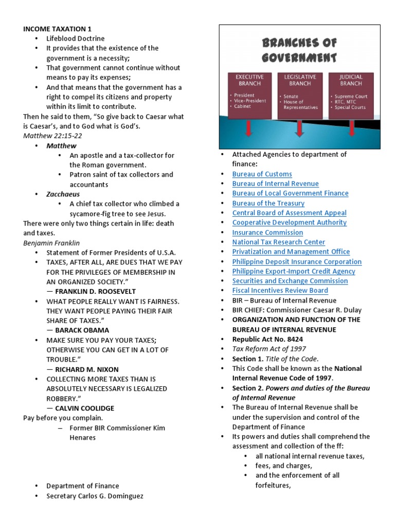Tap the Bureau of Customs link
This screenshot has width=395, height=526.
(x=262, y=174)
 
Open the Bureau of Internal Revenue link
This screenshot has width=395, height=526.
(x=275, y=184)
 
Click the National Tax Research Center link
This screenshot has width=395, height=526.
(x=278, y=242)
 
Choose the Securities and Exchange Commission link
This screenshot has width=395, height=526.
(x=290, y=281)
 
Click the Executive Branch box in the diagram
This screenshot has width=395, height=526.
(x=249, y=96)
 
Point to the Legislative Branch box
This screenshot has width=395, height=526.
(x=300, y=96)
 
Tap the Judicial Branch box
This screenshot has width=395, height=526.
(x=351, y=96)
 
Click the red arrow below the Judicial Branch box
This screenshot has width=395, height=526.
(x=351, y=129)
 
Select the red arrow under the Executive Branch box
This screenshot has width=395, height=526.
(x=249, y=129)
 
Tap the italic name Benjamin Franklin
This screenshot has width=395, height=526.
(x=51, y=243)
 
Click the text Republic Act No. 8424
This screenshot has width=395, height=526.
(x=267, y=340)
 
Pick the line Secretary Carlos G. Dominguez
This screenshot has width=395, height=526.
(x=95, y=496)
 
